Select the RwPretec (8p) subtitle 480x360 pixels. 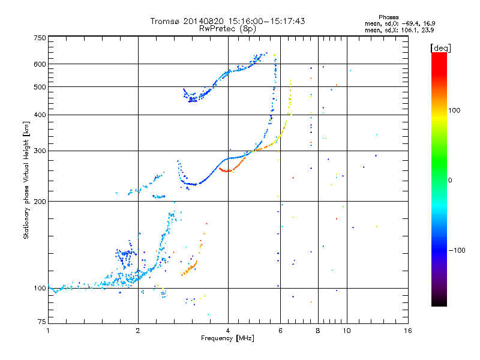[x=227, y=29]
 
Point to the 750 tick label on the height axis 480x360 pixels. [x=40, y=38]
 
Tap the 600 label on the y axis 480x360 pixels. [x=40, y=64]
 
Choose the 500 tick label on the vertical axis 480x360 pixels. [x=40, y=87]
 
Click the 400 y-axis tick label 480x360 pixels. [x=40, y=115]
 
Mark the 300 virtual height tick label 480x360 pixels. [x=40, y=151]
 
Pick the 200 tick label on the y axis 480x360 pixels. [x=40, y=202]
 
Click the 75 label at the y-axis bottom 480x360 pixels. [x=42, y=322]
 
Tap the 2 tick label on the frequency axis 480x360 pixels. [x=138, y=331]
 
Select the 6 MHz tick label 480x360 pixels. [x=280, y=331]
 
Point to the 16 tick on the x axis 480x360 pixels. [x=408, y=331]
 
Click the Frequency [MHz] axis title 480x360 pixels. [x=227, y=338]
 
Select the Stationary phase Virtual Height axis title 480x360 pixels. [x=26, y=181]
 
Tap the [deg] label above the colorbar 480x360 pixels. [x=440, y=49]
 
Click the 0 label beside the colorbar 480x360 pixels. [x=450, y=181]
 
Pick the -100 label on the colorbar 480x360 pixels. [x=457, y=250]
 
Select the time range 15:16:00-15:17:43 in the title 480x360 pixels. [x=266, y=21]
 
